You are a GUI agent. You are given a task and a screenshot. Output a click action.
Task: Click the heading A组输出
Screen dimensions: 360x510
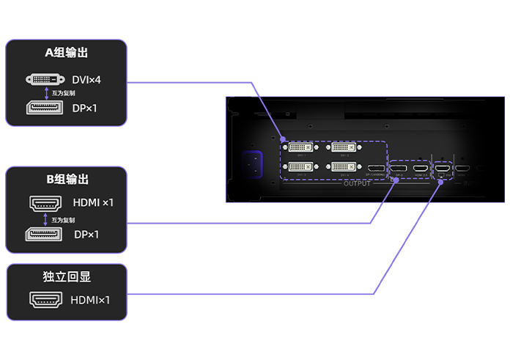(67, 53)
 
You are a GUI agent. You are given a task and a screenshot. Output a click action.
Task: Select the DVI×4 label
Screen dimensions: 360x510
(86, 78)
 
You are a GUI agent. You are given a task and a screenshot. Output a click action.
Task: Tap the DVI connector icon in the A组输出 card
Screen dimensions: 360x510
(45, 78)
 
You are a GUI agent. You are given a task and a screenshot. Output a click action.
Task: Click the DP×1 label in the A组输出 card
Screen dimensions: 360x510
(85, 109)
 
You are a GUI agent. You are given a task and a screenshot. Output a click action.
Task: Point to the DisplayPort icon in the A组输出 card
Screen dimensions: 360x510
(45, 109)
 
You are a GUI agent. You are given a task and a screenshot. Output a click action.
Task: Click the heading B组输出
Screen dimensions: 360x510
(67, 180)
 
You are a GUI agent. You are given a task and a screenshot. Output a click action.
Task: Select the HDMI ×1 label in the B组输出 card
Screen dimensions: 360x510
(93, 202)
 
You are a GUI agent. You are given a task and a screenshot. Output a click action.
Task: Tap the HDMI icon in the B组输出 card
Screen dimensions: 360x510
(45, 203)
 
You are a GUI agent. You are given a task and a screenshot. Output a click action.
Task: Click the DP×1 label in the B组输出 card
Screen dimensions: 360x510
(86, 235)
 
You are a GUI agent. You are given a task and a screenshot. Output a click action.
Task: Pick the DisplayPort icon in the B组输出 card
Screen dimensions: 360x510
(45, 235)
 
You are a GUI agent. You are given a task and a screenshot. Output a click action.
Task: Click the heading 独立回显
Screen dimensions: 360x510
(67, 277)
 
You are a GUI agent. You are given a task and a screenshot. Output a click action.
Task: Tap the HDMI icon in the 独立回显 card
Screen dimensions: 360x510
(45, 299)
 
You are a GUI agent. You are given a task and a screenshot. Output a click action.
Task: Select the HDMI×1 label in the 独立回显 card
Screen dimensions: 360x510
(90, 299)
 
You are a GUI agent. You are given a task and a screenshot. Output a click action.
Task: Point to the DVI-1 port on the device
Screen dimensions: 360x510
(303, 147)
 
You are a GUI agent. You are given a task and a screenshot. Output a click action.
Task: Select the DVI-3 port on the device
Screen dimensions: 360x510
(303, 167)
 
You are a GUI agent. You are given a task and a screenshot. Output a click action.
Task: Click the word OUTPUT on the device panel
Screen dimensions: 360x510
(357, 183)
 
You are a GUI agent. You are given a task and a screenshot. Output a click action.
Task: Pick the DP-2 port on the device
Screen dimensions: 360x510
(399, 169)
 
